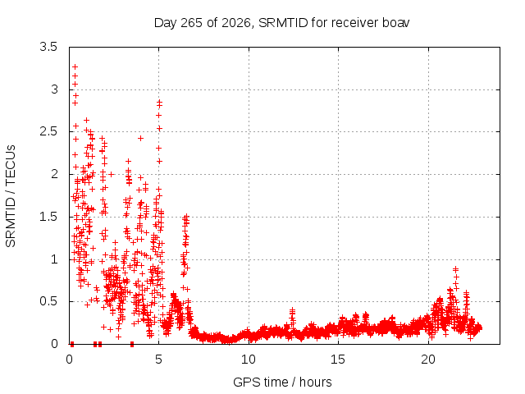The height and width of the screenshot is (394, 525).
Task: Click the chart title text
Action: (281, 23)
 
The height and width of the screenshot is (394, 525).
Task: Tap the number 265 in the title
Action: (191, 23)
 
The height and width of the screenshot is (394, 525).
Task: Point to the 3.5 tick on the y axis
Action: (48, 47)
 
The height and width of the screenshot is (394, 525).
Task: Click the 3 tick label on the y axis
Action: (54, 89)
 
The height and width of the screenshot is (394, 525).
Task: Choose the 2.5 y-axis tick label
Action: (48, 131)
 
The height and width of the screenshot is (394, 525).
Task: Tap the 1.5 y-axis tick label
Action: (48, 217)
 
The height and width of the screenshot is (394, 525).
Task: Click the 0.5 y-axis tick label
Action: (48, 301)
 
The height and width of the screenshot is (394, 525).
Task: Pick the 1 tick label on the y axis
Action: (55, 259)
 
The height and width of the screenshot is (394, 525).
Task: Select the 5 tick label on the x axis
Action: (158, 360)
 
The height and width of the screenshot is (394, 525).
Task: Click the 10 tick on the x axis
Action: (248, 360)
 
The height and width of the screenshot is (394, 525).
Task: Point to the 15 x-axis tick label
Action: (338, 360)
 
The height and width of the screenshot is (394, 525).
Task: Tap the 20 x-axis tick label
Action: (428, 360)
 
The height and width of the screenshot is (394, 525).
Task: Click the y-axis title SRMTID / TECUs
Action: (11, 196)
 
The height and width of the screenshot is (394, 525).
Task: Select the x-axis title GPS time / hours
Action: (282, 382)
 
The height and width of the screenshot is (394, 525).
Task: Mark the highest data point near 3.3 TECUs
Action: (75, 67)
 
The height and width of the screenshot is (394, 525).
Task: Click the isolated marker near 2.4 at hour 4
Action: (140, 138)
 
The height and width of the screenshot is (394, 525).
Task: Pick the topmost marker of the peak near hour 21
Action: (455, 268)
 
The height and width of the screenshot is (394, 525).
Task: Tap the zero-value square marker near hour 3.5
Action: (132, 344)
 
